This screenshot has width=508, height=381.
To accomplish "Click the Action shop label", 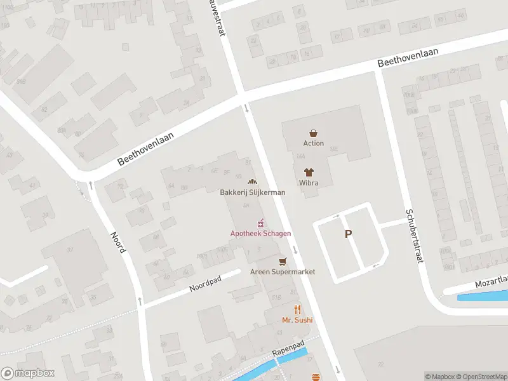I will [313, 144].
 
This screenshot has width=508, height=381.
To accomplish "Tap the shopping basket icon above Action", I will [313, 133].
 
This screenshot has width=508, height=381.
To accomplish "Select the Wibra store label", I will [309, 184].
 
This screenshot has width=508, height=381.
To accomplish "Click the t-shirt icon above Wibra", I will [309, 173].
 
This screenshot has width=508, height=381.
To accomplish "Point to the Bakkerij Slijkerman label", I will [253, 192].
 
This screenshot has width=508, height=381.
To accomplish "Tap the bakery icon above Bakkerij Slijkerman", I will [252, 182].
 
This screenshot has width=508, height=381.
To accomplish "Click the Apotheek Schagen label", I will [260, 234].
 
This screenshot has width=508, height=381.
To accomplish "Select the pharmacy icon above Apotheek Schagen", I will [260, 224].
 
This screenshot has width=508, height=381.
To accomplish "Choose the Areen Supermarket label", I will [283, 272].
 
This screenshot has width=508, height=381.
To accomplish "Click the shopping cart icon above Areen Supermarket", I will [283, 262].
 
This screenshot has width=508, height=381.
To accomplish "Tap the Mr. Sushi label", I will [297, 320].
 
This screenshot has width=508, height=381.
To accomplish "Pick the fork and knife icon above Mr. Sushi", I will [297, 310].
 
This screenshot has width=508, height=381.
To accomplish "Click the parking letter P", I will [348, 234].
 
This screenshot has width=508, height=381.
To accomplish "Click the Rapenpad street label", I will [288, 349].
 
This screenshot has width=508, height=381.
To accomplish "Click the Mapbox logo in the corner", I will [28, 373].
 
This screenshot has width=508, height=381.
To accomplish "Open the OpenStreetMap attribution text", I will [481, 377].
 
